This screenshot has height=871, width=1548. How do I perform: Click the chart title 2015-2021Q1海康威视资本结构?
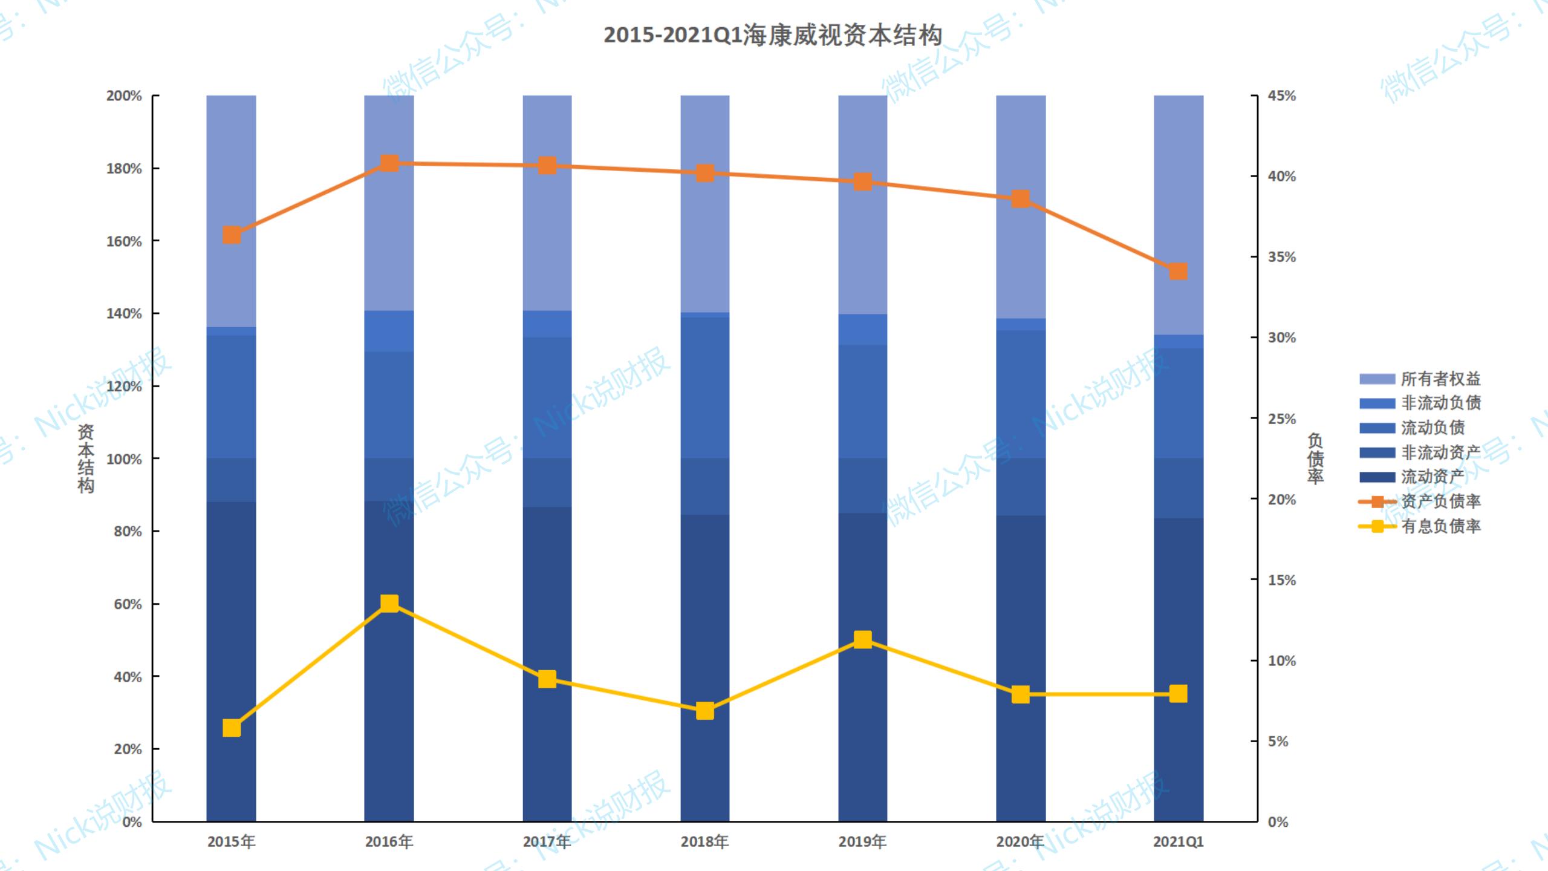click(773, 35)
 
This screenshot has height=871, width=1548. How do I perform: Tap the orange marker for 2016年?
click(389, 163)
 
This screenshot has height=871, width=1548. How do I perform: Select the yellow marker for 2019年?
click(863, 639)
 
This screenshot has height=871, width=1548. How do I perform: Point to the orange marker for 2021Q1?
click(1178, 272)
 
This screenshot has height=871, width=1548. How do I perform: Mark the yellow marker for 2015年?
click(232, 728)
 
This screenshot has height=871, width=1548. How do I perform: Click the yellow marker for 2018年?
click(705, 711)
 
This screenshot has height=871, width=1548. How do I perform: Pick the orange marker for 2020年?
click(1021, 199)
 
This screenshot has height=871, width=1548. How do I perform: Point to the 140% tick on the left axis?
click(124, 313)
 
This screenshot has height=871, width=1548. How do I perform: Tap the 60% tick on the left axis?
click(128, 604)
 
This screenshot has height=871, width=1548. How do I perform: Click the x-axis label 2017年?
click(547, 841)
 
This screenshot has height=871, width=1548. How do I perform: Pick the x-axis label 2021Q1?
click(1178, 841)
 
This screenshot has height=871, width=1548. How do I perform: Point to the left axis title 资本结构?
click(86, 458)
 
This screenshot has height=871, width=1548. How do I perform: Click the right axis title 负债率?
click(1316, 458)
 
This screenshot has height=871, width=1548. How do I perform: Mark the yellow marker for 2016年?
click(389, 603)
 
